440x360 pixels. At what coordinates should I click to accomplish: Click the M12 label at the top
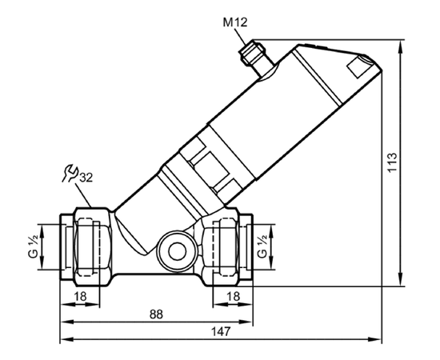coord(235,22)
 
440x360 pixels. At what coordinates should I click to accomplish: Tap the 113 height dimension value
coord(392,162)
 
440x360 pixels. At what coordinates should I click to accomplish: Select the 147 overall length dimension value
coord(221,332)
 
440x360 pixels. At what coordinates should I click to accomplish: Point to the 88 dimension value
coord(156,314)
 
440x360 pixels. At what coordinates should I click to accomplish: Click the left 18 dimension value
coord(80,296)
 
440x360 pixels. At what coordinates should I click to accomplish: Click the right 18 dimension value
coord(233,296)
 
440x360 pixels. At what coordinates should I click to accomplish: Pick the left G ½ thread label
coord(33,246)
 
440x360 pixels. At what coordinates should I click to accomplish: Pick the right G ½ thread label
coord(262,246)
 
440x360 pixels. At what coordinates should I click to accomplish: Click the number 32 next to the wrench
coord(86,178)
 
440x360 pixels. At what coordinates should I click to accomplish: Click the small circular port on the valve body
coord(176,250)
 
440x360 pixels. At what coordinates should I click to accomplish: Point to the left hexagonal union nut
coord(92,246)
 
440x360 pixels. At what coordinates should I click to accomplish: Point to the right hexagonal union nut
coord(221,246)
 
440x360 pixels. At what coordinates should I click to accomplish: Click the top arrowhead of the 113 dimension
coord(402,46)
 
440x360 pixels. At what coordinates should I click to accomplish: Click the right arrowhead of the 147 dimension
coord(374,339)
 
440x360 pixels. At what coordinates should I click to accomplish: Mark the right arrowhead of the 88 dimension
coord(246,322)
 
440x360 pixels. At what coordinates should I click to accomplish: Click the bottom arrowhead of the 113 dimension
coord(402,280)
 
